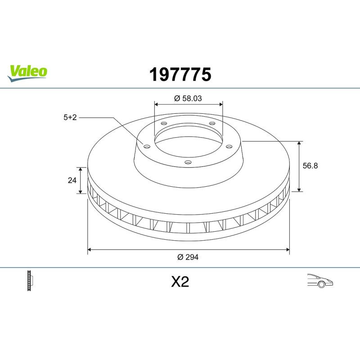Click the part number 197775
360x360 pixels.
pos(180,74)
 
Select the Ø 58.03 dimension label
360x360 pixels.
pos(188,98)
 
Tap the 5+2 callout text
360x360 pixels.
pos(70,117)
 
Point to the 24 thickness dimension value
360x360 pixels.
pos(72,180)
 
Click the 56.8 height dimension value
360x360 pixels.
pos(310,166)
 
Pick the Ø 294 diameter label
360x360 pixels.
pos(188,257)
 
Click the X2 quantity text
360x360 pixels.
pos(180,282)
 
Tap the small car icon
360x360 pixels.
pos(320,280)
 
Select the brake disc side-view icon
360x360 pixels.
pos(30,280)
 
